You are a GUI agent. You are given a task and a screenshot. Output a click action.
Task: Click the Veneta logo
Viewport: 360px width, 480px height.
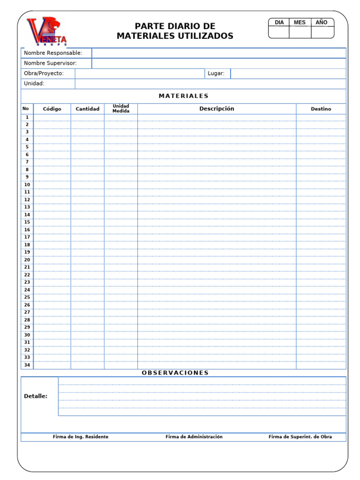(47, 32)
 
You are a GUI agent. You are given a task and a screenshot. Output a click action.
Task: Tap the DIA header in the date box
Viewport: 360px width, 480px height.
(279, 22)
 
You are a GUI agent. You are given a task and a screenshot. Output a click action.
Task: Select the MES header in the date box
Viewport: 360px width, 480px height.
(300, 22)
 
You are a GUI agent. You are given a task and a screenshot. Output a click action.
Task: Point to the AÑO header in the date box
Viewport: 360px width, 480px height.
(322, 22)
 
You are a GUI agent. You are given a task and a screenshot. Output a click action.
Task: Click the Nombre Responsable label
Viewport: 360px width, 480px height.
(53, 53)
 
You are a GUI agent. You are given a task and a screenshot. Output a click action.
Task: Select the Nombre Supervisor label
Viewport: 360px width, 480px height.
(50, 63)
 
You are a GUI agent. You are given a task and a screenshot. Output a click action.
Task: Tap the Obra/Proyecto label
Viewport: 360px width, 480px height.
(44, 74)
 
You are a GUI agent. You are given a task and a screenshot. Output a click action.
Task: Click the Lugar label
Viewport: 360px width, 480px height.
(216, 74)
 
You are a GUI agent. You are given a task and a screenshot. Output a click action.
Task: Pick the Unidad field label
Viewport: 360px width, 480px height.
(34, 84)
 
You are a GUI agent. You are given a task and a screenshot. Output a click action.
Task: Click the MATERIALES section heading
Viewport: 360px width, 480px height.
(184, 96)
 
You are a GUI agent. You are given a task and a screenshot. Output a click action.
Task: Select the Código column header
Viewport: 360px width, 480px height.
(52, 109)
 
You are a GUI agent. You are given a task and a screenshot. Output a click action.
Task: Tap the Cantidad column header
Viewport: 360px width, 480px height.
(88, 109)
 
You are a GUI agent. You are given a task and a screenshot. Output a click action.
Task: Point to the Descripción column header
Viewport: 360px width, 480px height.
(217, 109)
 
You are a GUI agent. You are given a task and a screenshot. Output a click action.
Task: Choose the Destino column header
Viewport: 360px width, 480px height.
(321, 109)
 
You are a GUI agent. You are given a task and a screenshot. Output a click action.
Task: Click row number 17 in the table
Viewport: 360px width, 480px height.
(27, 237)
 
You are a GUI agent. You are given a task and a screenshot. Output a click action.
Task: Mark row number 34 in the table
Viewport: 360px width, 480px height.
(27, 365)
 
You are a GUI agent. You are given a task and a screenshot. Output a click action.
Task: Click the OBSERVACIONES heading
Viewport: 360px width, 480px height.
(175, 373)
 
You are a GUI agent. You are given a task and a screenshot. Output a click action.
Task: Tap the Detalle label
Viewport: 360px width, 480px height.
(36, 396)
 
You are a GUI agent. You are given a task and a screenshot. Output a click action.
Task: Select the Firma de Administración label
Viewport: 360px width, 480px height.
(194, 437)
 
